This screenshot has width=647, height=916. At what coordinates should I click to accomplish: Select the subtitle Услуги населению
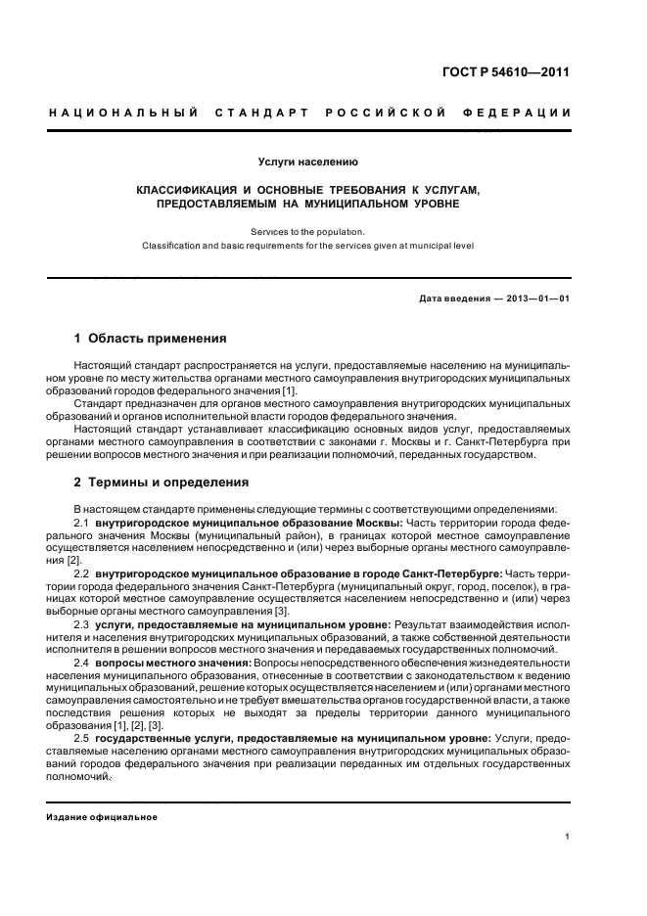[307, 160]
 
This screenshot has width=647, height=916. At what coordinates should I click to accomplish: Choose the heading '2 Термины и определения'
[162, 482]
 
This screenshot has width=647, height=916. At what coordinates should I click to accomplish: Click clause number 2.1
[81, 523]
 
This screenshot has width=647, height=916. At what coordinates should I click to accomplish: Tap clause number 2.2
[81, 572]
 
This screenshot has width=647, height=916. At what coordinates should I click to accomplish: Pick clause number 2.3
[81, 622]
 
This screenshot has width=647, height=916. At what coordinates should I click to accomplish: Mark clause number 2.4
[81, 663]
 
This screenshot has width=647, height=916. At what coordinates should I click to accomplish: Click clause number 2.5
[81, 737]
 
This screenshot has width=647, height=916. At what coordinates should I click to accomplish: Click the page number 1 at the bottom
[567, 837]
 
